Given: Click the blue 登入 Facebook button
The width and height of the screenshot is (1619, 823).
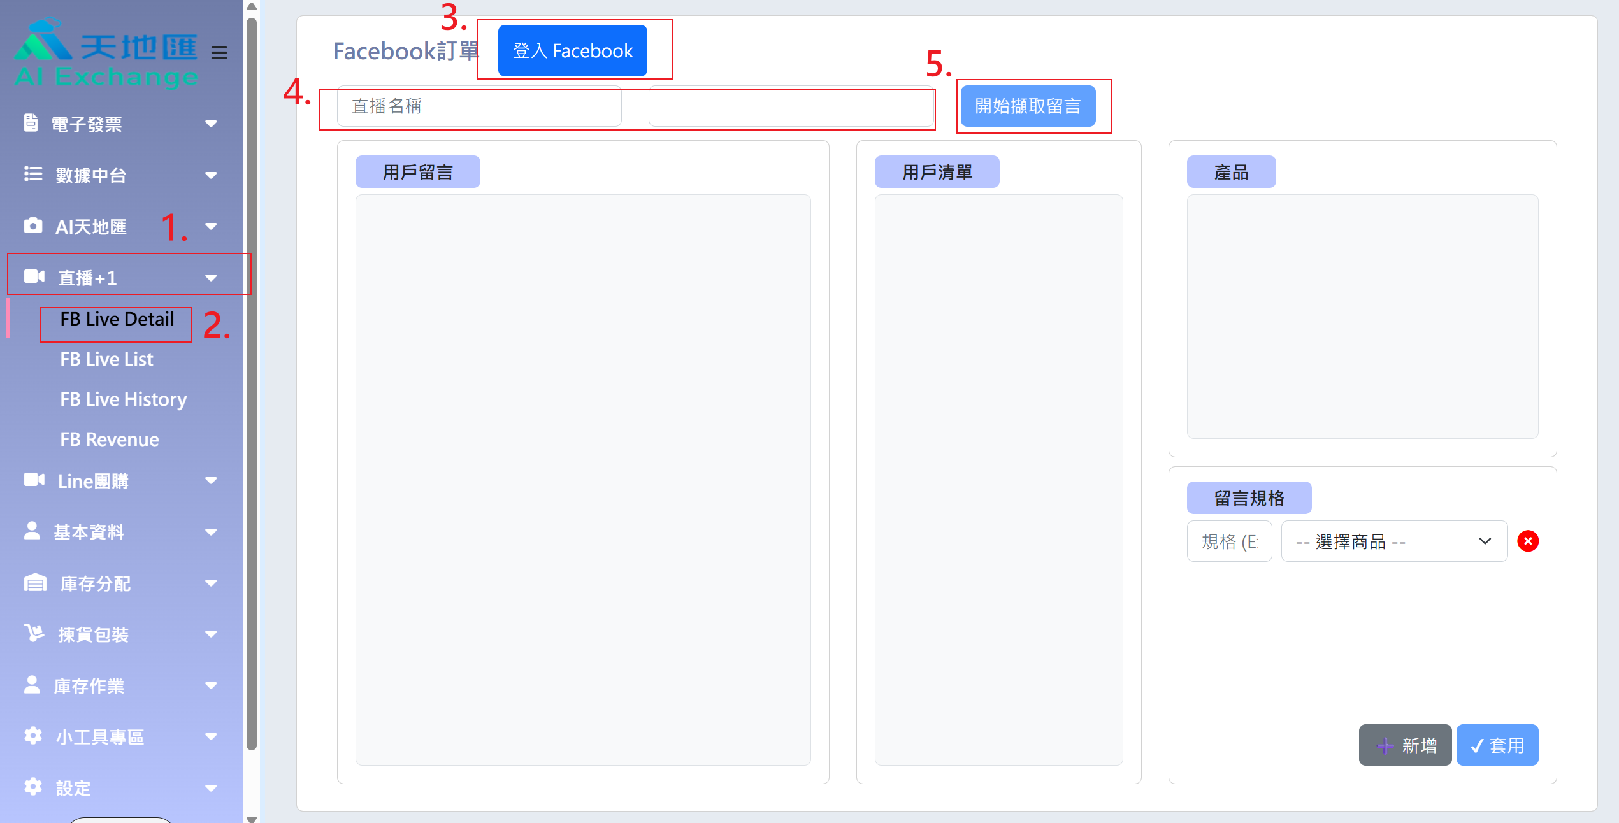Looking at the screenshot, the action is (572, 51).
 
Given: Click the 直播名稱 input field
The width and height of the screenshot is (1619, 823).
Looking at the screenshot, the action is (479, 106).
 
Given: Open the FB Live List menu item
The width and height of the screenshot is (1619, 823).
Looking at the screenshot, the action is (106, 359).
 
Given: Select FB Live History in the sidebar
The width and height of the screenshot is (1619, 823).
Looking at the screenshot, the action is (124, 399).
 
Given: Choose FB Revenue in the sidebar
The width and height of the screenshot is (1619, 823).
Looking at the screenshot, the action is (110, 440).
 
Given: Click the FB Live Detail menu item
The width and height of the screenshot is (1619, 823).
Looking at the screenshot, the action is (117, 319).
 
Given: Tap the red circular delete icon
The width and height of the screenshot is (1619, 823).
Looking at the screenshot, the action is (1528, 541).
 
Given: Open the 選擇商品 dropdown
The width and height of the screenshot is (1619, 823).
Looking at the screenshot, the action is (1394, 541).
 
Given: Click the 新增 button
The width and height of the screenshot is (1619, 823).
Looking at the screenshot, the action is (1405, 745).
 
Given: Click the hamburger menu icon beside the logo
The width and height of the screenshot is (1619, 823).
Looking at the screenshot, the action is (219, 52).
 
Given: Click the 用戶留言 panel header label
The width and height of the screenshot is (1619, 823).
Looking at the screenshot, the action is (418, 172).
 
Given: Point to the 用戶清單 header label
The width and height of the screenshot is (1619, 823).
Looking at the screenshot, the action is (937, 172).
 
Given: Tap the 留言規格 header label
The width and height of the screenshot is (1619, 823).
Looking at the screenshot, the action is (1249, 498).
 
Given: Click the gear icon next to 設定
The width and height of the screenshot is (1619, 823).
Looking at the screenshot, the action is (33, 787).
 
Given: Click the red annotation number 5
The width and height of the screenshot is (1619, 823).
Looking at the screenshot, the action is (939, 64).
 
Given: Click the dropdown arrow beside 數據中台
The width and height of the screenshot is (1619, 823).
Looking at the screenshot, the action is (211, 175).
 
